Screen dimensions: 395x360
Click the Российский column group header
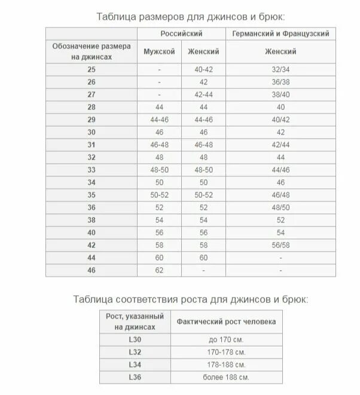[x=182, y=33]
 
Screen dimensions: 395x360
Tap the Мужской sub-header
[x=159, y=52]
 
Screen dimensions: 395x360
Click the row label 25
[x=91, y=70]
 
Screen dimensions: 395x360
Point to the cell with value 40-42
[x=204, y=70]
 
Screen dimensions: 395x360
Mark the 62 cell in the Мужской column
[x=159, y=271]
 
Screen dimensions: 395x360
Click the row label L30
[x=135, y=340]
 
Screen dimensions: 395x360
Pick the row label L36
[x=135, y=377]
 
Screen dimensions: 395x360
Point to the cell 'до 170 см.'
[x=225, y=340]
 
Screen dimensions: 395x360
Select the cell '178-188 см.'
[x=225, y=365]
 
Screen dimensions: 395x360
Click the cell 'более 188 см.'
[x=225, y=377]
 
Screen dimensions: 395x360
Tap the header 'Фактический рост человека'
[x=225, y=321]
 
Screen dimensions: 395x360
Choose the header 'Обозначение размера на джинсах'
[x=91, y=52]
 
